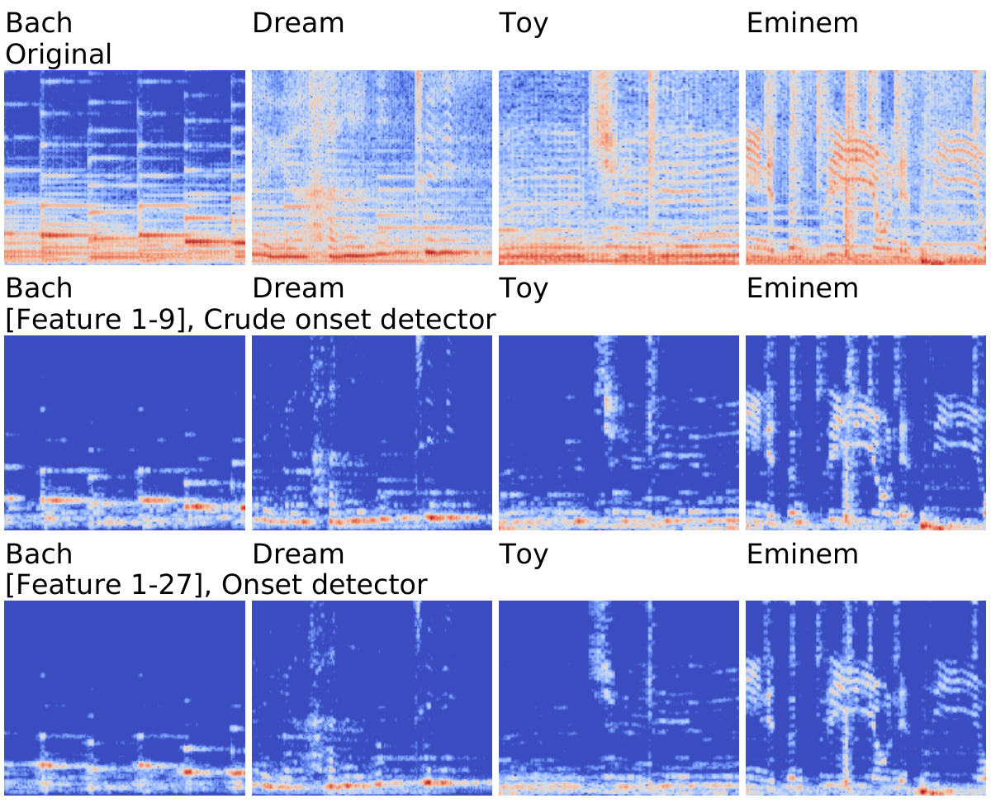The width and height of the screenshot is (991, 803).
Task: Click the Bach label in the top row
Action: (39, 23)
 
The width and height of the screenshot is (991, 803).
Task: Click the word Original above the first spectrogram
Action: (59, 54)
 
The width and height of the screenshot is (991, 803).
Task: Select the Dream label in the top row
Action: (298, 23)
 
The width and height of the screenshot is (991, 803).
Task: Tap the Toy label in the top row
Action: (524, 24)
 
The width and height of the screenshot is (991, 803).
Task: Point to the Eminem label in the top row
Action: (803, 23)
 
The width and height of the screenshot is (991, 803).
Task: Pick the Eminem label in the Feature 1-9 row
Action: (803, 288)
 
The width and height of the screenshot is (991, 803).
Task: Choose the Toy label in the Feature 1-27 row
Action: (524, 555)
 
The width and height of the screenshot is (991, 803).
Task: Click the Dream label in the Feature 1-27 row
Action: (298, 554)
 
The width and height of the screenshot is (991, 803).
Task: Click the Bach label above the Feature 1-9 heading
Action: (39, 288)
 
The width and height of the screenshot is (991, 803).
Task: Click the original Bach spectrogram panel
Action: (125, 168)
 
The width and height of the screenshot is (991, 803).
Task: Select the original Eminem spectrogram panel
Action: (865, 168)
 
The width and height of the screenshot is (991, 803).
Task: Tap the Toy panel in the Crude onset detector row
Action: (619, 433)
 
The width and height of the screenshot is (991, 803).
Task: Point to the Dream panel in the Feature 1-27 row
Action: (372, 698)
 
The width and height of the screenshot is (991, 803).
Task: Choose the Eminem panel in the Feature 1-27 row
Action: (865, 698)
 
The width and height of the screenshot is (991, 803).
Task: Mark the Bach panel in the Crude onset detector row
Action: (125, 433)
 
